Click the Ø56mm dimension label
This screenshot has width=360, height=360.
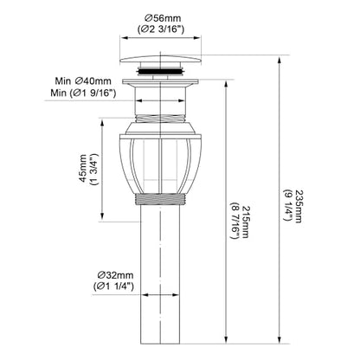163,18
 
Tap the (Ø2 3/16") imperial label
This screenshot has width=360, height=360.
161,29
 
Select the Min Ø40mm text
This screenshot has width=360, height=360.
83,80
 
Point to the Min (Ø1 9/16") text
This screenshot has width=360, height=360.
83,93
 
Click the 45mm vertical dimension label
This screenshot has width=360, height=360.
83,168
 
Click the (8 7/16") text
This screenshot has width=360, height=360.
235,221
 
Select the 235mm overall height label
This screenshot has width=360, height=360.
299,206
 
